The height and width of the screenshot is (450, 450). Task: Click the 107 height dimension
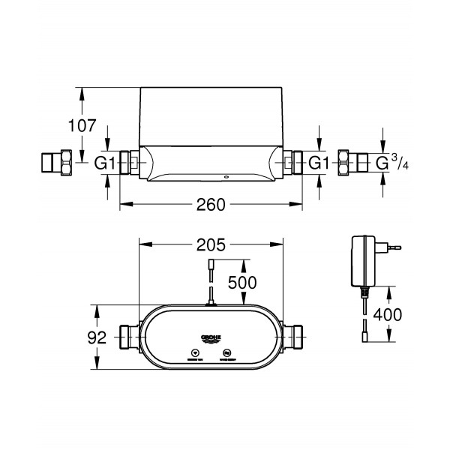click(82, 126)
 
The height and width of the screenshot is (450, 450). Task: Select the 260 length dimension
click(212, 204)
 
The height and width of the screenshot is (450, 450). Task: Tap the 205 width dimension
click(212, 244)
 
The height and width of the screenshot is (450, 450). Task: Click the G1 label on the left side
click(105, 163)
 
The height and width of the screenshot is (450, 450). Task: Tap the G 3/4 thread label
click(389, 163)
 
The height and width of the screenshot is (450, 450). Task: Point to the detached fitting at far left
click(55, 163)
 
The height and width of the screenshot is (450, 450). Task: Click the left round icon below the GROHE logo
click(193, 352)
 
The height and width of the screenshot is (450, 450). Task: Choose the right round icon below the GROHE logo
click(229, 352)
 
